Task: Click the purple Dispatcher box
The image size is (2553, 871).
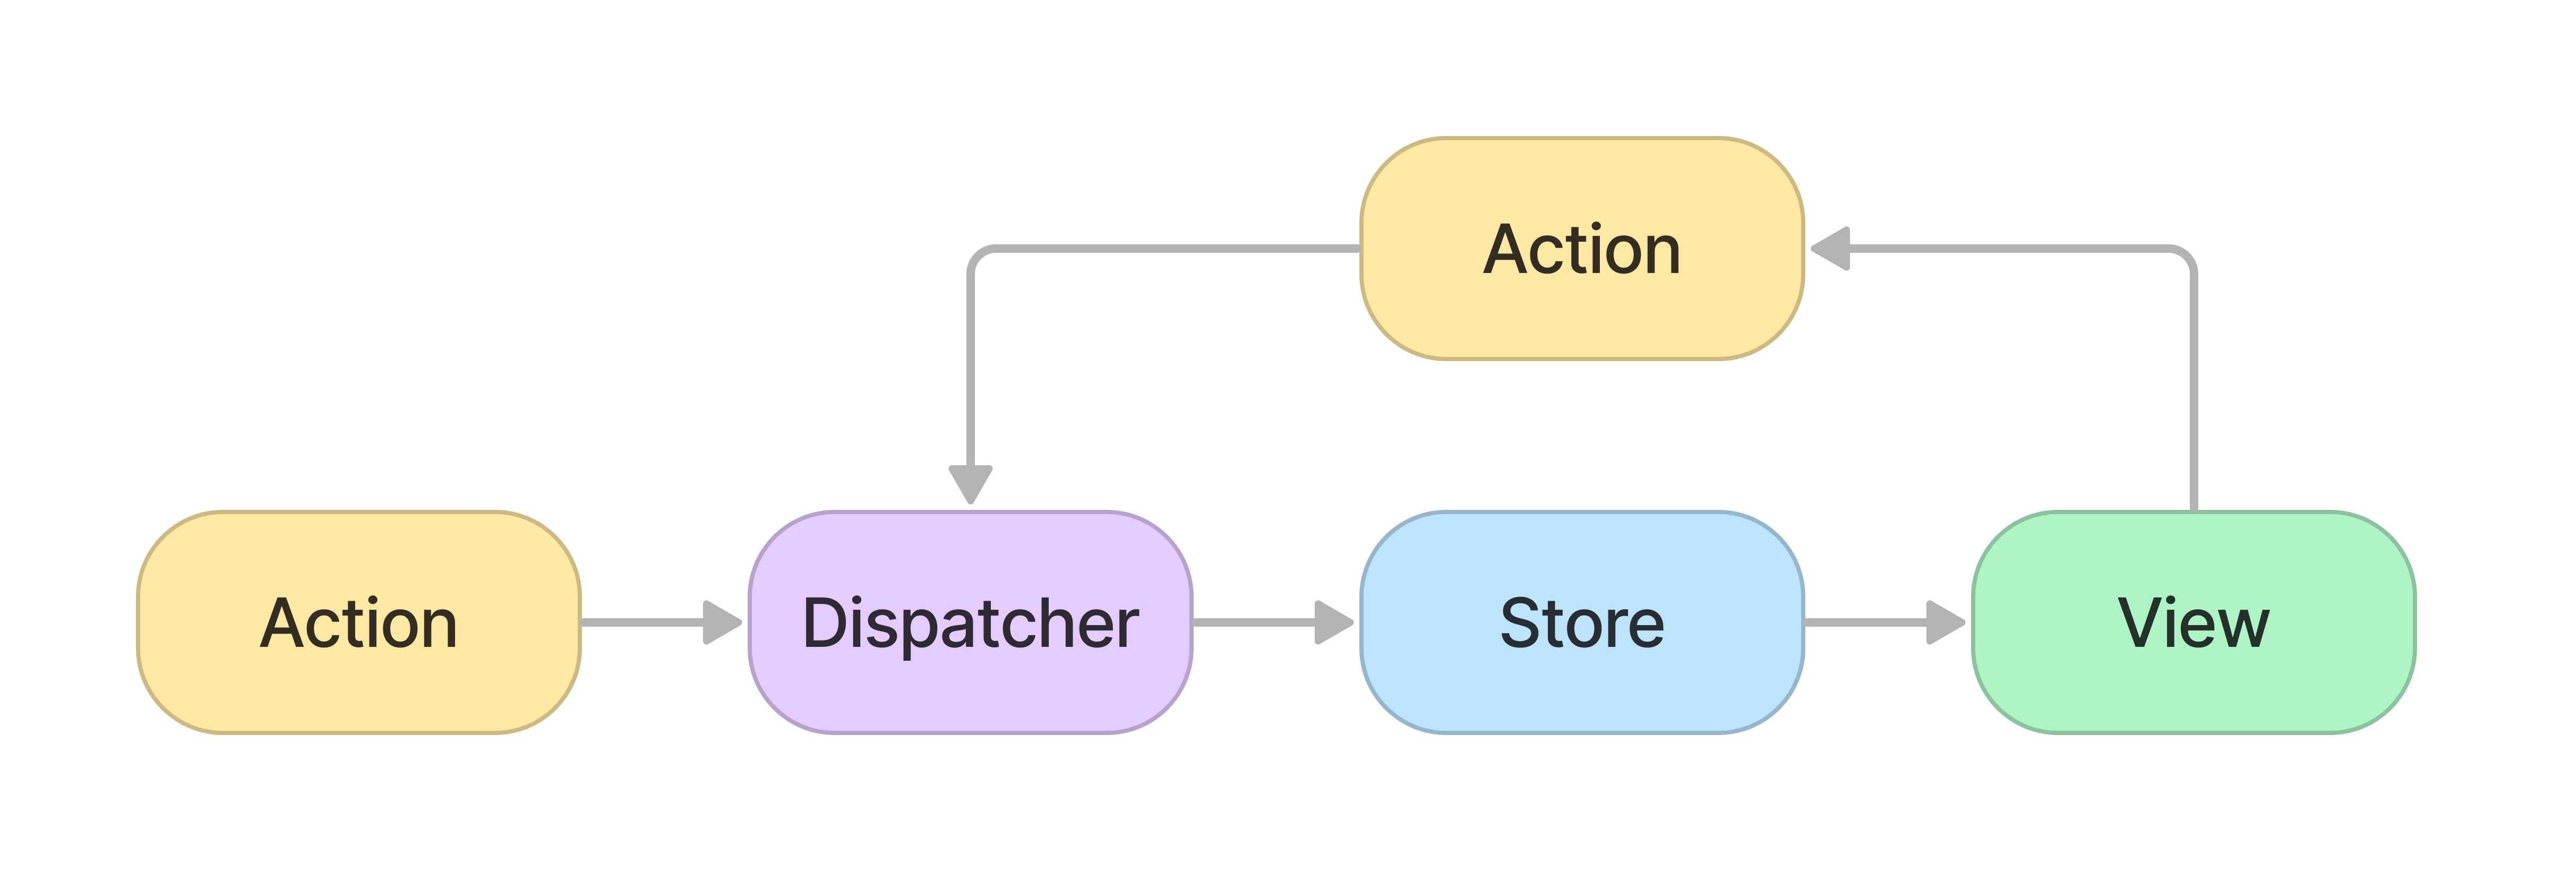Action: point(970,622)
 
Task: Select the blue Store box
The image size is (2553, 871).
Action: point(1582,622)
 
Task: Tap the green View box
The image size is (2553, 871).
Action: point(2193,622)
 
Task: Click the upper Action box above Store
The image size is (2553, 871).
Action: point(1582,247)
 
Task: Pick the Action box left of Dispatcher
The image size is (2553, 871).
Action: point(359,622)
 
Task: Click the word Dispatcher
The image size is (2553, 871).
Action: point(970,624)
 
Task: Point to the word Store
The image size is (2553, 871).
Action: point(1582,624)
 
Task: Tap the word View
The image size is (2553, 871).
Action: point(2193,624)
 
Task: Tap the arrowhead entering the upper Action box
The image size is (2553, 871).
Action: point(1830,247)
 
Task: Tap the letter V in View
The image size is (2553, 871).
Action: point(2143,624)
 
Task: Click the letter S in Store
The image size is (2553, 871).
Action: point(1523,624)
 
